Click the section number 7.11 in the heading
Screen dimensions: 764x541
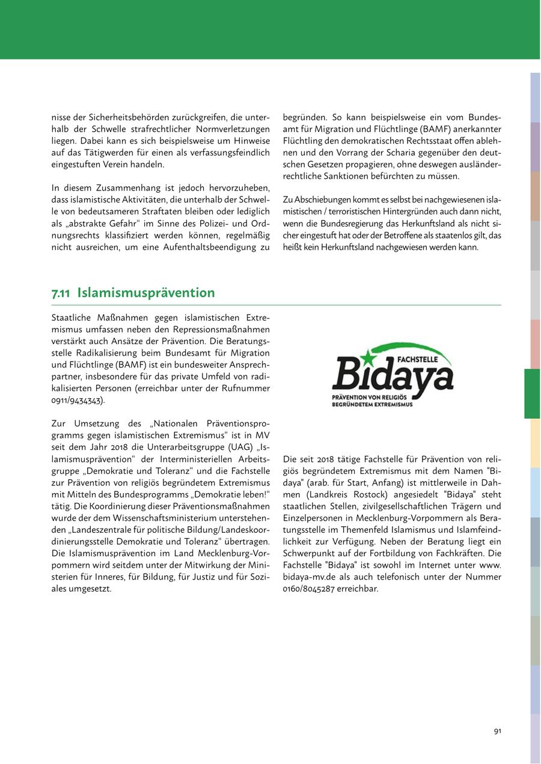click(x=61, y=293)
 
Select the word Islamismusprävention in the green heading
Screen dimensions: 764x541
click(x=146, y=293)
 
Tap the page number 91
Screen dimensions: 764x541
click(x=497, y=731)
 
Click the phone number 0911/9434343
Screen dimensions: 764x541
click(x=78, y=400)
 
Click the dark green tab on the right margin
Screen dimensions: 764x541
click(x=532, y=393)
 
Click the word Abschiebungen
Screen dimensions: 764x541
click(x=317, y=199)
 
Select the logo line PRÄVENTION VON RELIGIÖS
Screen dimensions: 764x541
click(x=369, y=398)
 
